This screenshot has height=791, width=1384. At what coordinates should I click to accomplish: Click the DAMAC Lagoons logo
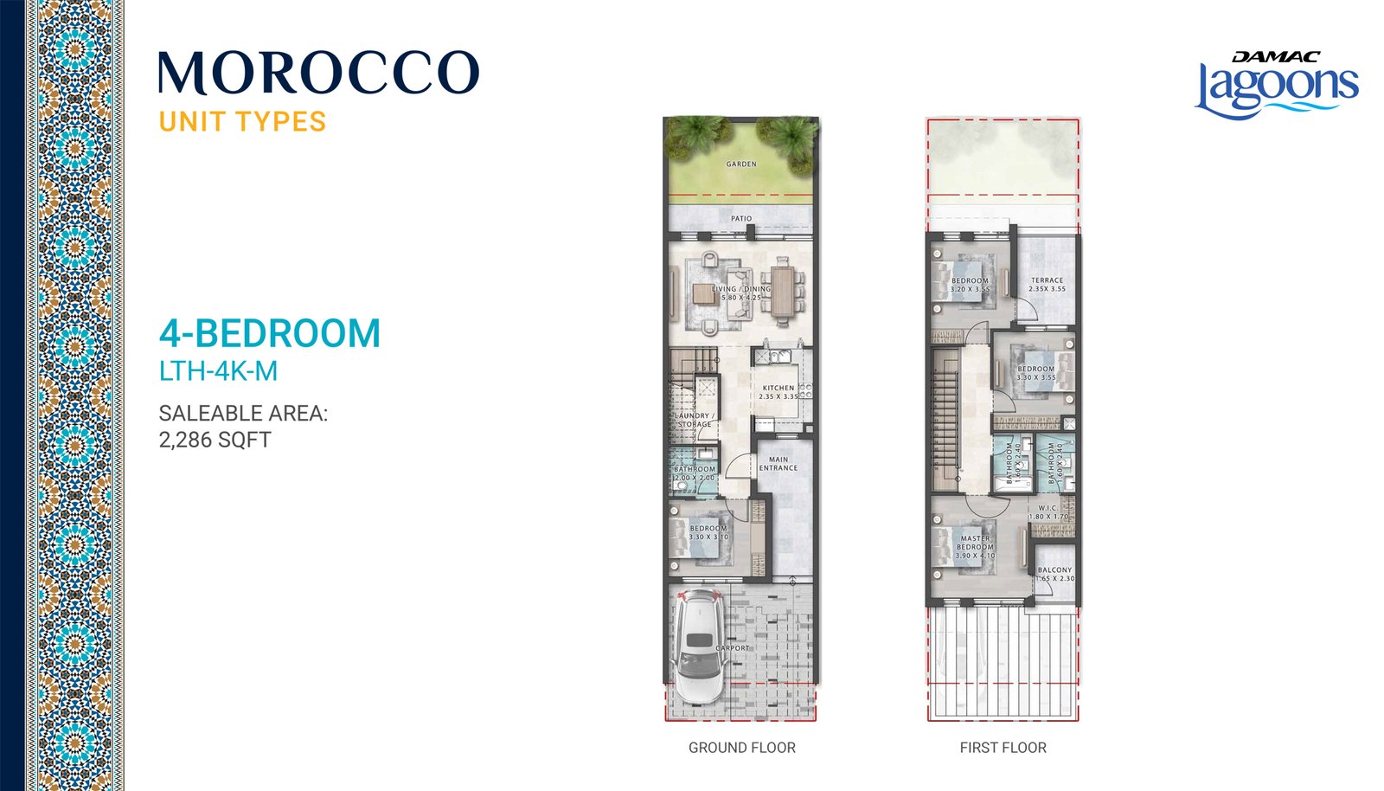[1277, 85]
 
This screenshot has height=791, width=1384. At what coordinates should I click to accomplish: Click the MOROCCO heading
[318, 73]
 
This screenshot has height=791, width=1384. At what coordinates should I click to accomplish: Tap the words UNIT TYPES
[242, 121]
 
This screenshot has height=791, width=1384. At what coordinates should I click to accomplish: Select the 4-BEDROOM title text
[270, 333]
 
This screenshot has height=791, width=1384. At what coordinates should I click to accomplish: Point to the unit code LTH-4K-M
[218, 371]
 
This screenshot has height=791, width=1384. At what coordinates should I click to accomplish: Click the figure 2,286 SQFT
[215, 440]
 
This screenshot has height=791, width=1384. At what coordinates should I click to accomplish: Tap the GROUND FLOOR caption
[741, 748]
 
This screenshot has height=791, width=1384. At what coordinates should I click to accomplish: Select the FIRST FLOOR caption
[1003, 748]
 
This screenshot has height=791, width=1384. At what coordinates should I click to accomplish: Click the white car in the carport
[698, 645]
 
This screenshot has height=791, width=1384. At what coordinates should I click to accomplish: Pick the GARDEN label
[741, 164]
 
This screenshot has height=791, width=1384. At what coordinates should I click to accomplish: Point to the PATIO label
[741, 219]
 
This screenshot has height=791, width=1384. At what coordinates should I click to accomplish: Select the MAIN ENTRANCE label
[778, 464]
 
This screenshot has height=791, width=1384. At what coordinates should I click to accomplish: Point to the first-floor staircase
[945, 415]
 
